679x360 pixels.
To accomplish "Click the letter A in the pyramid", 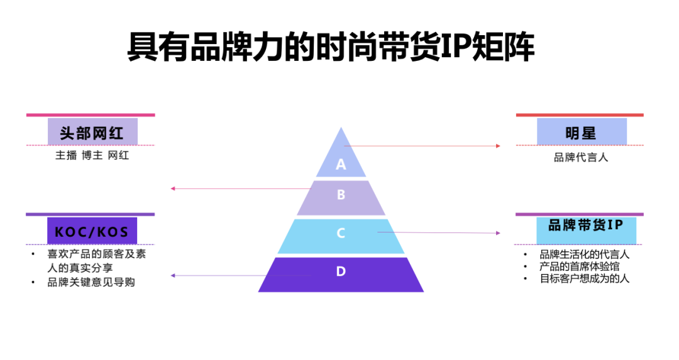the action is tap(341, 165).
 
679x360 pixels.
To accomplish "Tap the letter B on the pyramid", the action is tap(341, 195).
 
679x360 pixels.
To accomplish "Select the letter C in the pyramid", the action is tap(341, 233).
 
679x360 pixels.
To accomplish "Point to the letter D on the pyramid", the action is tap(341, 271).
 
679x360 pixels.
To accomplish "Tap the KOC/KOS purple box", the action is tap(92, 231).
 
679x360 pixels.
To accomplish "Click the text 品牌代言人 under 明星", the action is tap(581, 158).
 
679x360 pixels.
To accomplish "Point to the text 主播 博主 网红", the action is tap(92, 155).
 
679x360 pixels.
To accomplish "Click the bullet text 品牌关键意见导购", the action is tap(91, 282).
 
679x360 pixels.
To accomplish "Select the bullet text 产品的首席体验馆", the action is tap(580, 266).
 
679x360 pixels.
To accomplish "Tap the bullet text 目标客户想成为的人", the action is tap(585, 278).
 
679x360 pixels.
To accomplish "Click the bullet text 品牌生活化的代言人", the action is tap(585, 254).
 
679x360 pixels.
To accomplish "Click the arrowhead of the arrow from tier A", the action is tap(498, 146).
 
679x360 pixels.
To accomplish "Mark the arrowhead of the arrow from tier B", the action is tap(173, 188).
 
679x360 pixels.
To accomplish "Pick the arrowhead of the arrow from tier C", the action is tap(498, 233).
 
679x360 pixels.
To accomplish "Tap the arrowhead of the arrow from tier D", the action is tap(173, 275).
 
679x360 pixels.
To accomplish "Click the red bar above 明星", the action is tap(580, 115).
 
